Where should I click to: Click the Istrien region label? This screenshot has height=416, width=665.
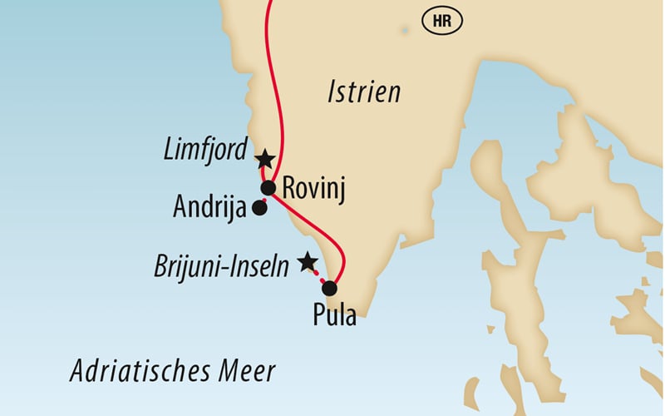[x=363, y=92]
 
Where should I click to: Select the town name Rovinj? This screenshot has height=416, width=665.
[x=313, y=188]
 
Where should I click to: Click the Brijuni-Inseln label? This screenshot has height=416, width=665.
[x=221, y=266]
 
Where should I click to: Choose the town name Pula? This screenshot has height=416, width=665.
[x=334, y=317]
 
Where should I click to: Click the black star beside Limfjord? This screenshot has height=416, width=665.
[x=264, y=158]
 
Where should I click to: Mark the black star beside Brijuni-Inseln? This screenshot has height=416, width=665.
[x=308, y=262]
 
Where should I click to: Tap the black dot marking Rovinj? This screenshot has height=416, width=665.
[x=268, y=189]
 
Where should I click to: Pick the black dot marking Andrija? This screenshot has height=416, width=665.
[x=259, y=209]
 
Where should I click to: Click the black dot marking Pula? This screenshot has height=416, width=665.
[x=329, y=290]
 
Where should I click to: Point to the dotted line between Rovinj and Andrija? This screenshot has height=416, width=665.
[x=264, y=199]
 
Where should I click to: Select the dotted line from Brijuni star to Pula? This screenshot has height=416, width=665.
[x=318, y=275]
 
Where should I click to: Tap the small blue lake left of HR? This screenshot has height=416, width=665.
[x=405, y=30]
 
